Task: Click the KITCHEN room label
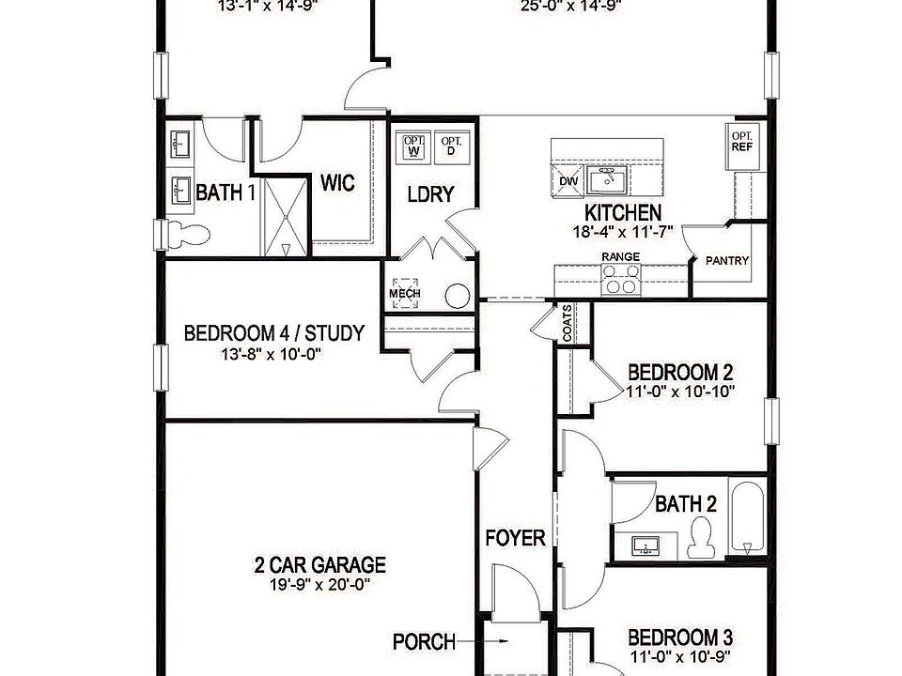point(623,212)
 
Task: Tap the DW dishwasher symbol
point(568,180)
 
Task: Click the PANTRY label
point(726,261)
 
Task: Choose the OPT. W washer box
point(413,146)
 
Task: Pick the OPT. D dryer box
point(452,146)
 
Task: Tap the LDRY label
point(430,194)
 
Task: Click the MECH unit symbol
point(405,293)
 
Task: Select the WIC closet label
point(337,182)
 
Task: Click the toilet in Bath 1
point(184,235)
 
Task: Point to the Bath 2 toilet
point(700,537)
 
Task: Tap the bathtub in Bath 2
point(747,518)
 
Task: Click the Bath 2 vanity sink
point(647,545)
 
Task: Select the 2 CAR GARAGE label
point(319,565)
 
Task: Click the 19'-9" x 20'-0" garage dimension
point(319,583)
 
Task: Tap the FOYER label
point(515,538)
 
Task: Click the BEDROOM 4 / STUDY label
point(273,333)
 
